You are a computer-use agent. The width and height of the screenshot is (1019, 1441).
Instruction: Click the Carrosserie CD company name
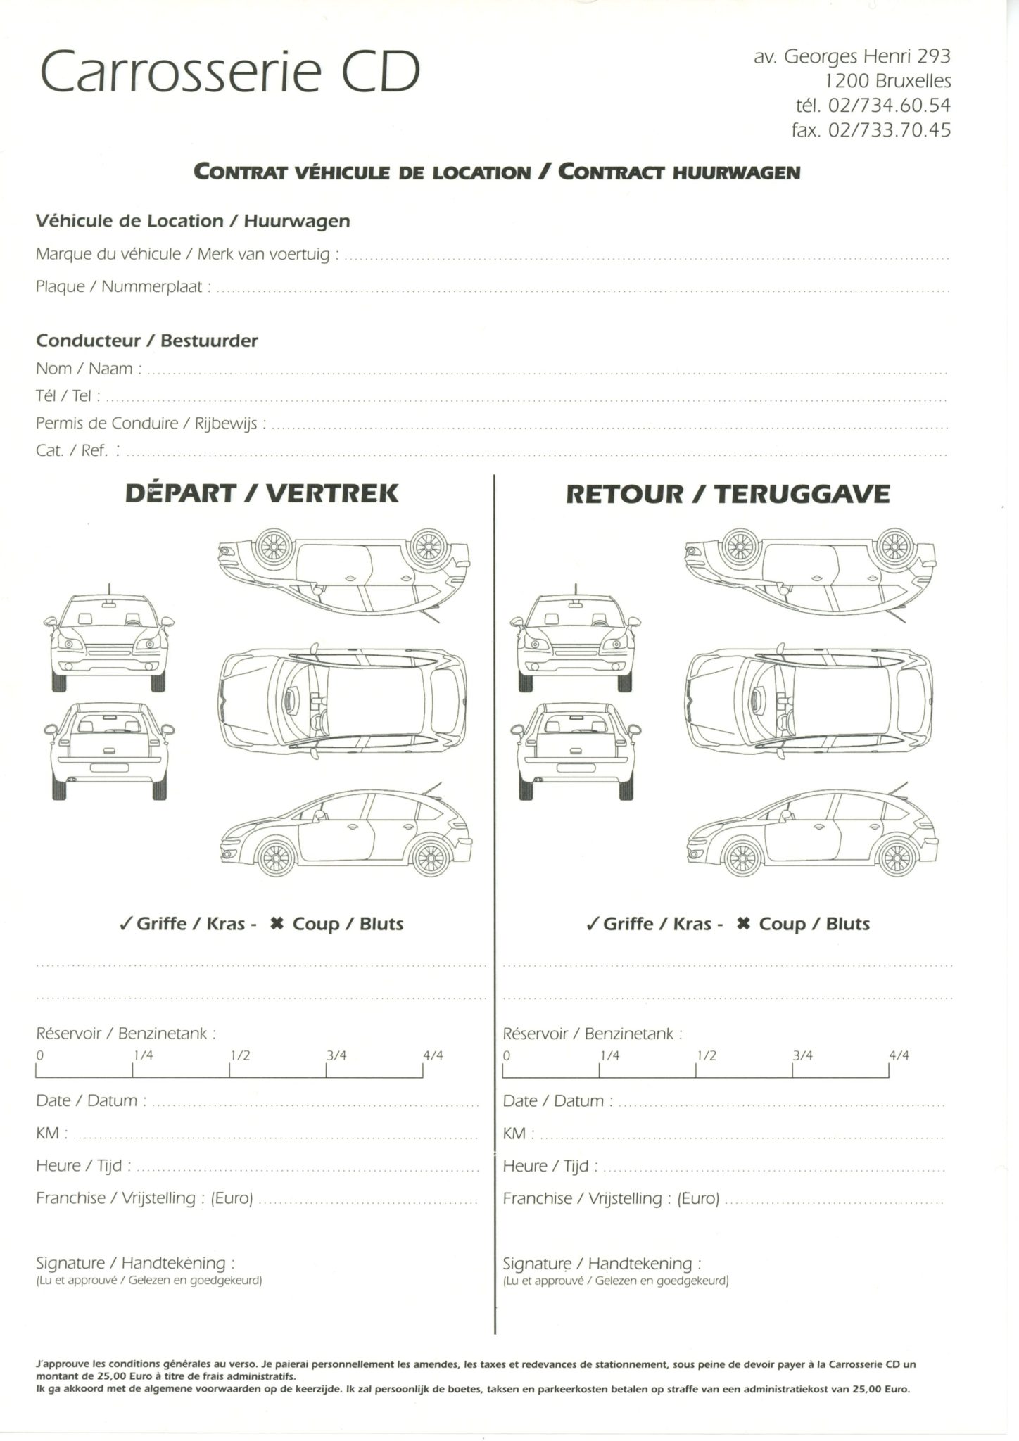230,72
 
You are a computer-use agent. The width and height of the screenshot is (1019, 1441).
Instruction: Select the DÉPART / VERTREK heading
262,493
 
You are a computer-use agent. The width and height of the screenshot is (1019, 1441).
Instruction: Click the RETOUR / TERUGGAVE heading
728,494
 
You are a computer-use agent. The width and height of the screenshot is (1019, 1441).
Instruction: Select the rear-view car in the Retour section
576,751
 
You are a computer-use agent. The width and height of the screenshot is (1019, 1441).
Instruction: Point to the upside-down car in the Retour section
810,570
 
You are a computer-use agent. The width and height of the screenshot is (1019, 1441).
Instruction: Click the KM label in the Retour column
514,1134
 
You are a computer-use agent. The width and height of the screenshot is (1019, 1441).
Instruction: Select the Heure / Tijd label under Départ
83,1166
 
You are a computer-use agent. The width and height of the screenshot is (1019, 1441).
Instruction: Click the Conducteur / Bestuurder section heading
146,341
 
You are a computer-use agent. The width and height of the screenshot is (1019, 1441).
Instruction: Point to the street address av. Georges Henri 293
852,56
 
